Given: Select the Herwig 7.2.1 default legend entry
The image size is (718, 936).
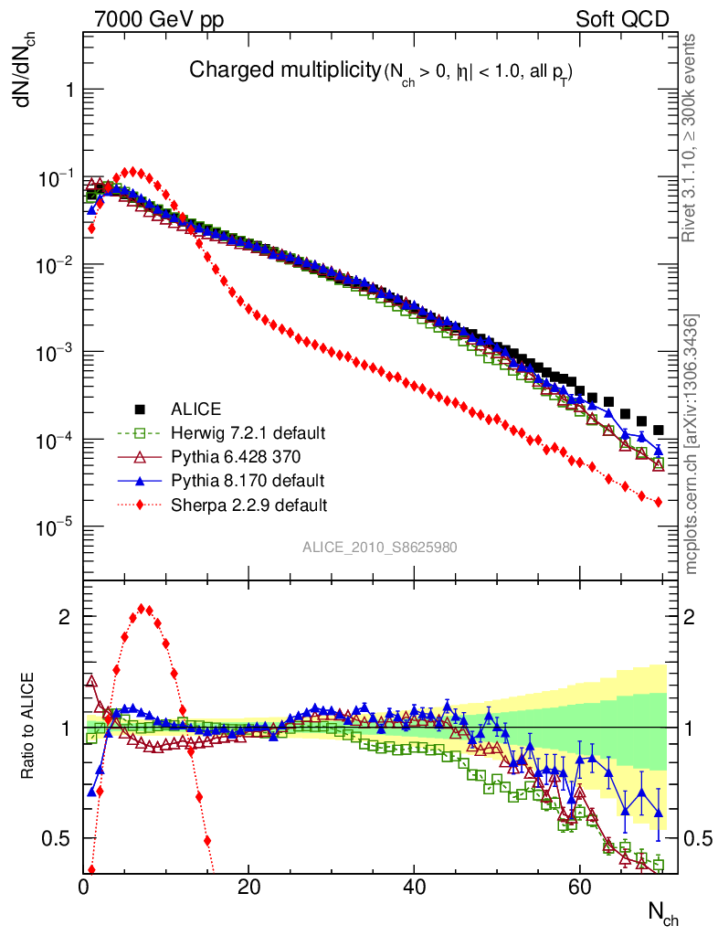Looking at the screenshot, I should point(248,432).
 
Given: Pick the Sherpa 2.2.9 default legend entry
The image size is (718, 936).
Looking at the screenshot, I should point(248,504).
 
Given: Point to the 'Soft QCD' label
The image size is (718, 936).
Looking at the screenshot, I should point(622,19).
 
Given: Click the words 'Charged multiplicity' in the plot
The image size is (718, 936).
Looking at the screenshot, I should point(283,69).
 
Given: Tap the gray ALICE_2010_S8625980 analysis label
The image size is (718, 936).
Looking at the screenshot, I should point(380,547).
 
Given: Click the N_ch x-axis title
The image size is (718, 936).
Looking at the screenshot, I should point(662,912).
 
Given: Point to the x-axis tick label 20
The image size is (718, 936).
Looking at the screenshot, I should point(248,887).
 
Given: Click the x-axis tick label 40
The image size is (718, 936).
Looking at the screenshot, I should point(414,887).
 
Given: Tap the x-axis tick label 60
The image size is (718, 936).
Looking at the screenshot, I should point(578,887).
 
